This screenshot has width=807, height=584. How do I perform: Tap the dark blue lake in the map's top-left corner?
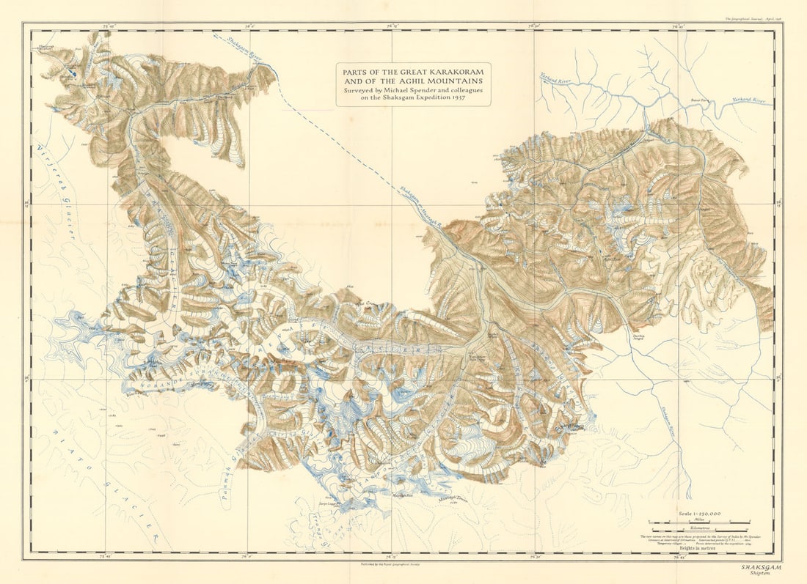[x=72, y=73]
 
